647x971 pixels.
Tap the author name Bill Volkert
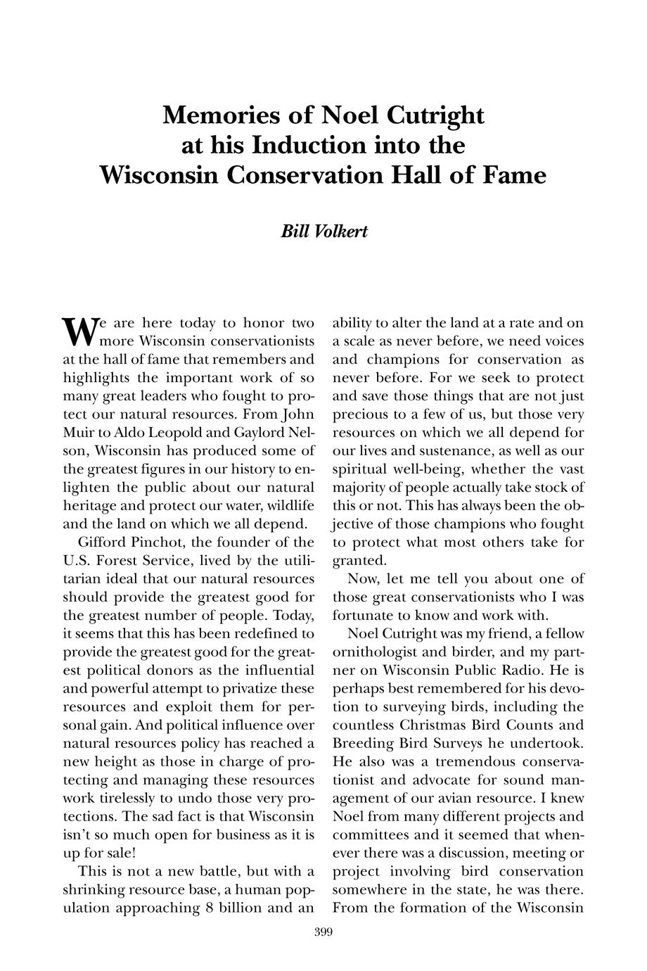(x=323, y=231)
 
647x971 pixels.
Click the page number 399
(x=323, y=933)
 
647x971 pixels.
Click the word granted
(x=359, y=561)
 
